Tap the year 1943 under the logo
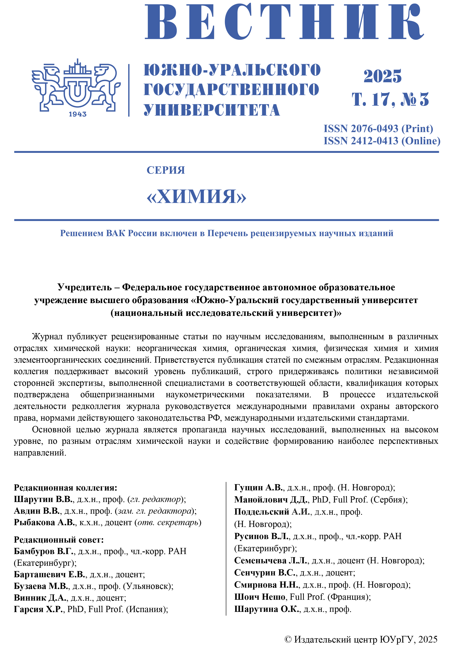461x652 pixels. (77, 114)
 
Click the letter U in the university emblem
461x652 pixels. (77, 90)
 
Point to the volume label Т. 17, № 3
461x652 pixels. (390, 99)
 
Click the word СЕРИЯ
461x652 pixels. (166, 170)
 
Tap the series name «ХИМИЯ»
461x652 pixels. (196, 197)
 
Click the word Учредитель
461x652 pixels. (84, 287)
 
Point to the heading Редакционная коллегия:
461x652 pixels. (65, 488)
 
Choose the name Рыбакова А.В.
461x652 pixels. (45, 523)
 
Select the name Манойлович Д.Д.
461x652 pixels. (271, 500)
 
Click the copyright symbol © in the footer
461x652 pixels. (288, 639)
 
